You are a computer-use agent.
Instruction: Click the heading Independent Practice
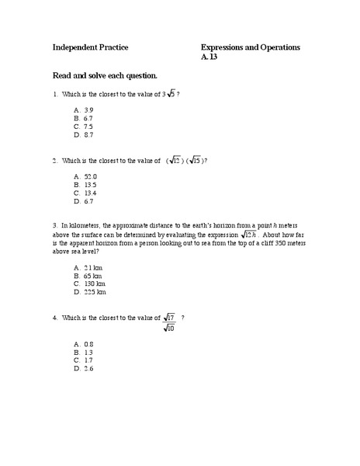click(x=90, y=48)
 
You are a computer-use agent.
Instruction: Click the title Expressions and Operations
click(x=251, y=48)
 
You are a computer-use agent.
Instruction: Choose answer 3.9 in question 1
click(x=88, y=111)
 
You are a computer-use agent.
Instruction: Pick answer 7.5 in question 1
click(x=88, y=126)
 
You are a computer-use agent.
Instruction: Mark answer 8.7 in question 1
click(x=88, y=134)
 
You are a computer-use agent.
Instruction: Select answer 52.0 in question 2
click(x=90, y=177)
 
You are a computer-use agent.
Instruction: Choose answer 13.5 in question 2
click(x=90, y=185)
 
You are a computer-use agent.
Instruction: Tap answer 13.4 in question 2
click(x=90, y=193)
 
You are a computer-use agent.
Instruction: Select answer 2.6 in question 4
click(x=88, y=368)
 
